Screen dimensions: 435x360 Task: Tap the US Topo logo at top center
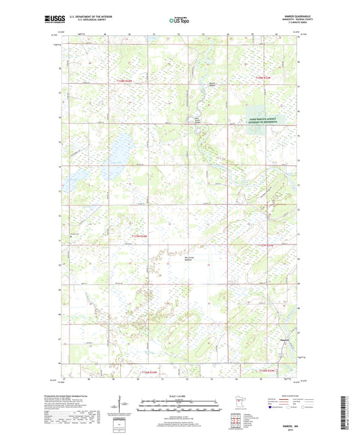pos(180,20)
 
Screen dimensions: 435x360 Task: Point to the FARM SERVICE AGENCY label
pos(262,118)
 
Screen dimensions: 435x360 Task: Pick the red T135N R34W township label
pos(138,235)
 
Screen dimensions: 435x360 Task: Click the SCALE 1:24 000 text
pos(179,396)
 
